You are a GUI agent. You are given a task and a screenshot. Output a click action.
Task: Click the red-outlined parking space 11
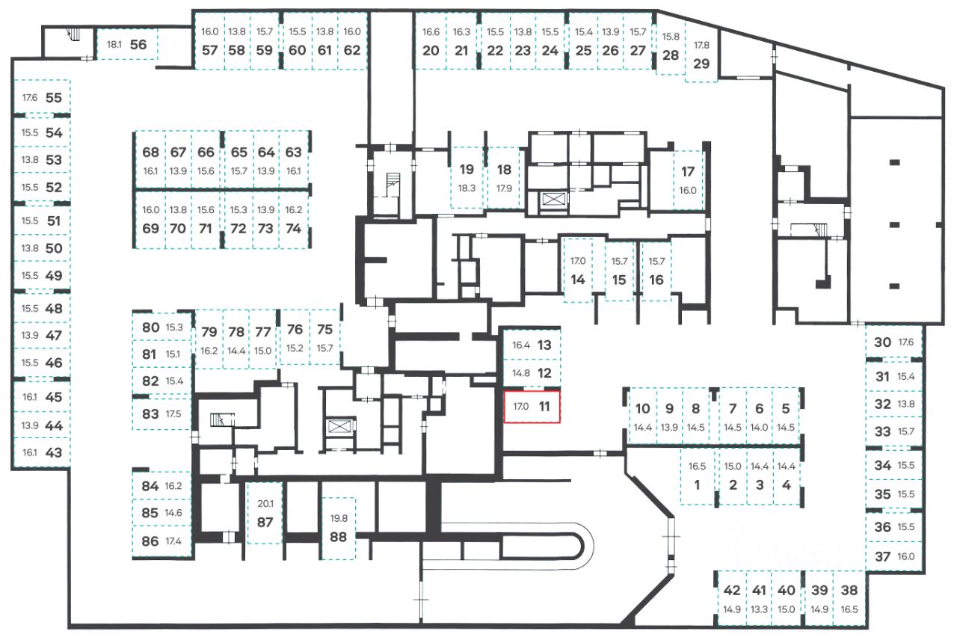[532, 407]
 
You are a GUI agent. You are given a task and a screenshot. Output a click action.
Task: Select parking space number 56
[138, 44]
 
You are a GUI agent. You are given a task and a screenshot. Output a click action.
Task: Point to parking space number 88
[339, 536]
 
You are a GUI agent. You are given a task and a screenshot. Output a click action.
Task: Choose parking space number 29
[701, 64]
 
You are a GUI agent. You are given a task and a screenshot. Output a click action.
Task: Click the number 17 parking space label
[688, 172]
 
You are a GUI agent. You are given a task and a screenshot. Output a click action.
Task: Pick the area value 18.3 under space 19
[467, 188]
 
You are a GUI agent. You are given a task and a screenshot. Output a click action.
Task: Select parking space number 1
[697, 484]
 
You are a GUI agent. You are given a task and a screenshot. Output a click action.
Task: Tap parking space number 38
[850, 590]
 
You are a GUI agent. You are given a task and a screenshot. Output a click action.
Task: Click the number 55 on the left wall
[53, 97]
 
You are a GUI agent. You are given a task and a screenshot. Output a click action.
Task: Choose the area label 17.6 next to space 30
[905, 342]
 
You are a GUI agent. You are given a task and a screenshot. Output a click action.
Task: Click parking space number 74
[294, 228]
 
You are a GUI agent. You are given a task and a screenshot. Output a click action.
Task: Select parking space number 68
[150, 153]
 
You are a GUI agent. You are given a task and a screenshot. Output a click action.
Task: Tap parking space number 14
[577, 280]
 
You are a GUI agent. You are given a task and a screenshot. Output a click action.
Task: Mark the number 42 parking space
[731, 590]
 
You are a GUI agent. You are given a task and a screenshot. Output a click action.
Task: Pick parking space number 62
[352, 51]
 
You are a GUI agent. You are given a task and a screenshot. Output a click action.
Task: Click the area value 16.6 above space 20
[431, 32]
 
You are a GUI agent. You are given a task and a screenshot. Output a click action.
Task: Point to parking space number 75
[324, 329]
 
